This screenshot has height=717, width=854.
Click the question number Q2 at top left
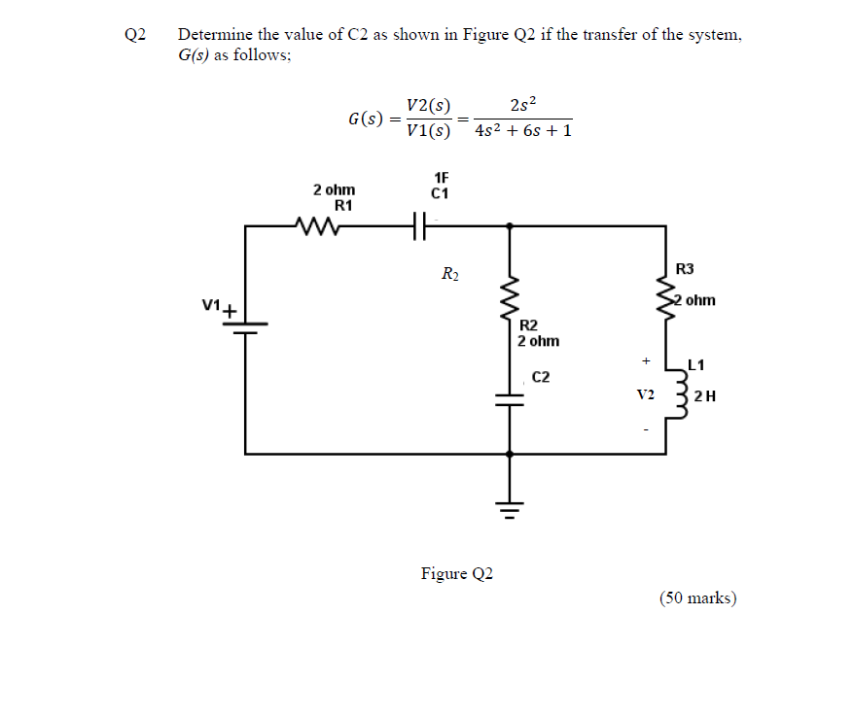[x=134, y=36]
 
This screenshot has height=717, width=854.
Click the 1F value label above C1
[x=441, y=178]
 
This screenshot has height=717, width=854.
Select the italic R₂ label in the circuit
[x=450, y=274]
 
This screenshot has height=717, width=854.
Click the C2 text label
[x=541, y=377]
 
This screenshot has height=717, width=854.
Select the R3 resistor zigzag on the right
[x=666, y=296]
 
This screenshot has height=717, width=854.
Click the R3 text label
[x=685, y=268]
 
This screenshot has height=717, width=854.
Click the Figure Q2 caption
[x=456, y=573]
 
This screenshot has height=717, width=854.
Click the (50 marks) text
[x=697, y=597]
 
